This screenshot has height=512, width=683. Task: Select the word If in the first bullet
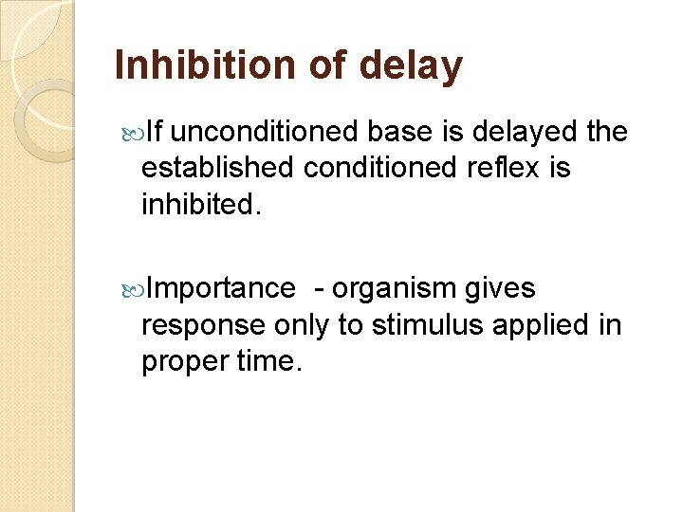(157, 132)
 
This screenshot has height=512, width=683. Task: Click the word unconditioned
(268, 132)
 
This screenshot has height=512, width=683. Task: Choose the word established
(217, 168)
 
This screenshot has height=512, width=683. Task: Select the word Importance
(222, 287)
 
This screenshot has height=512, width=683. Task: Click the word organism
(393, 288)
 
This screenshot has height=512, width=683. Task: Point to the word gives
(499, 288)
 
